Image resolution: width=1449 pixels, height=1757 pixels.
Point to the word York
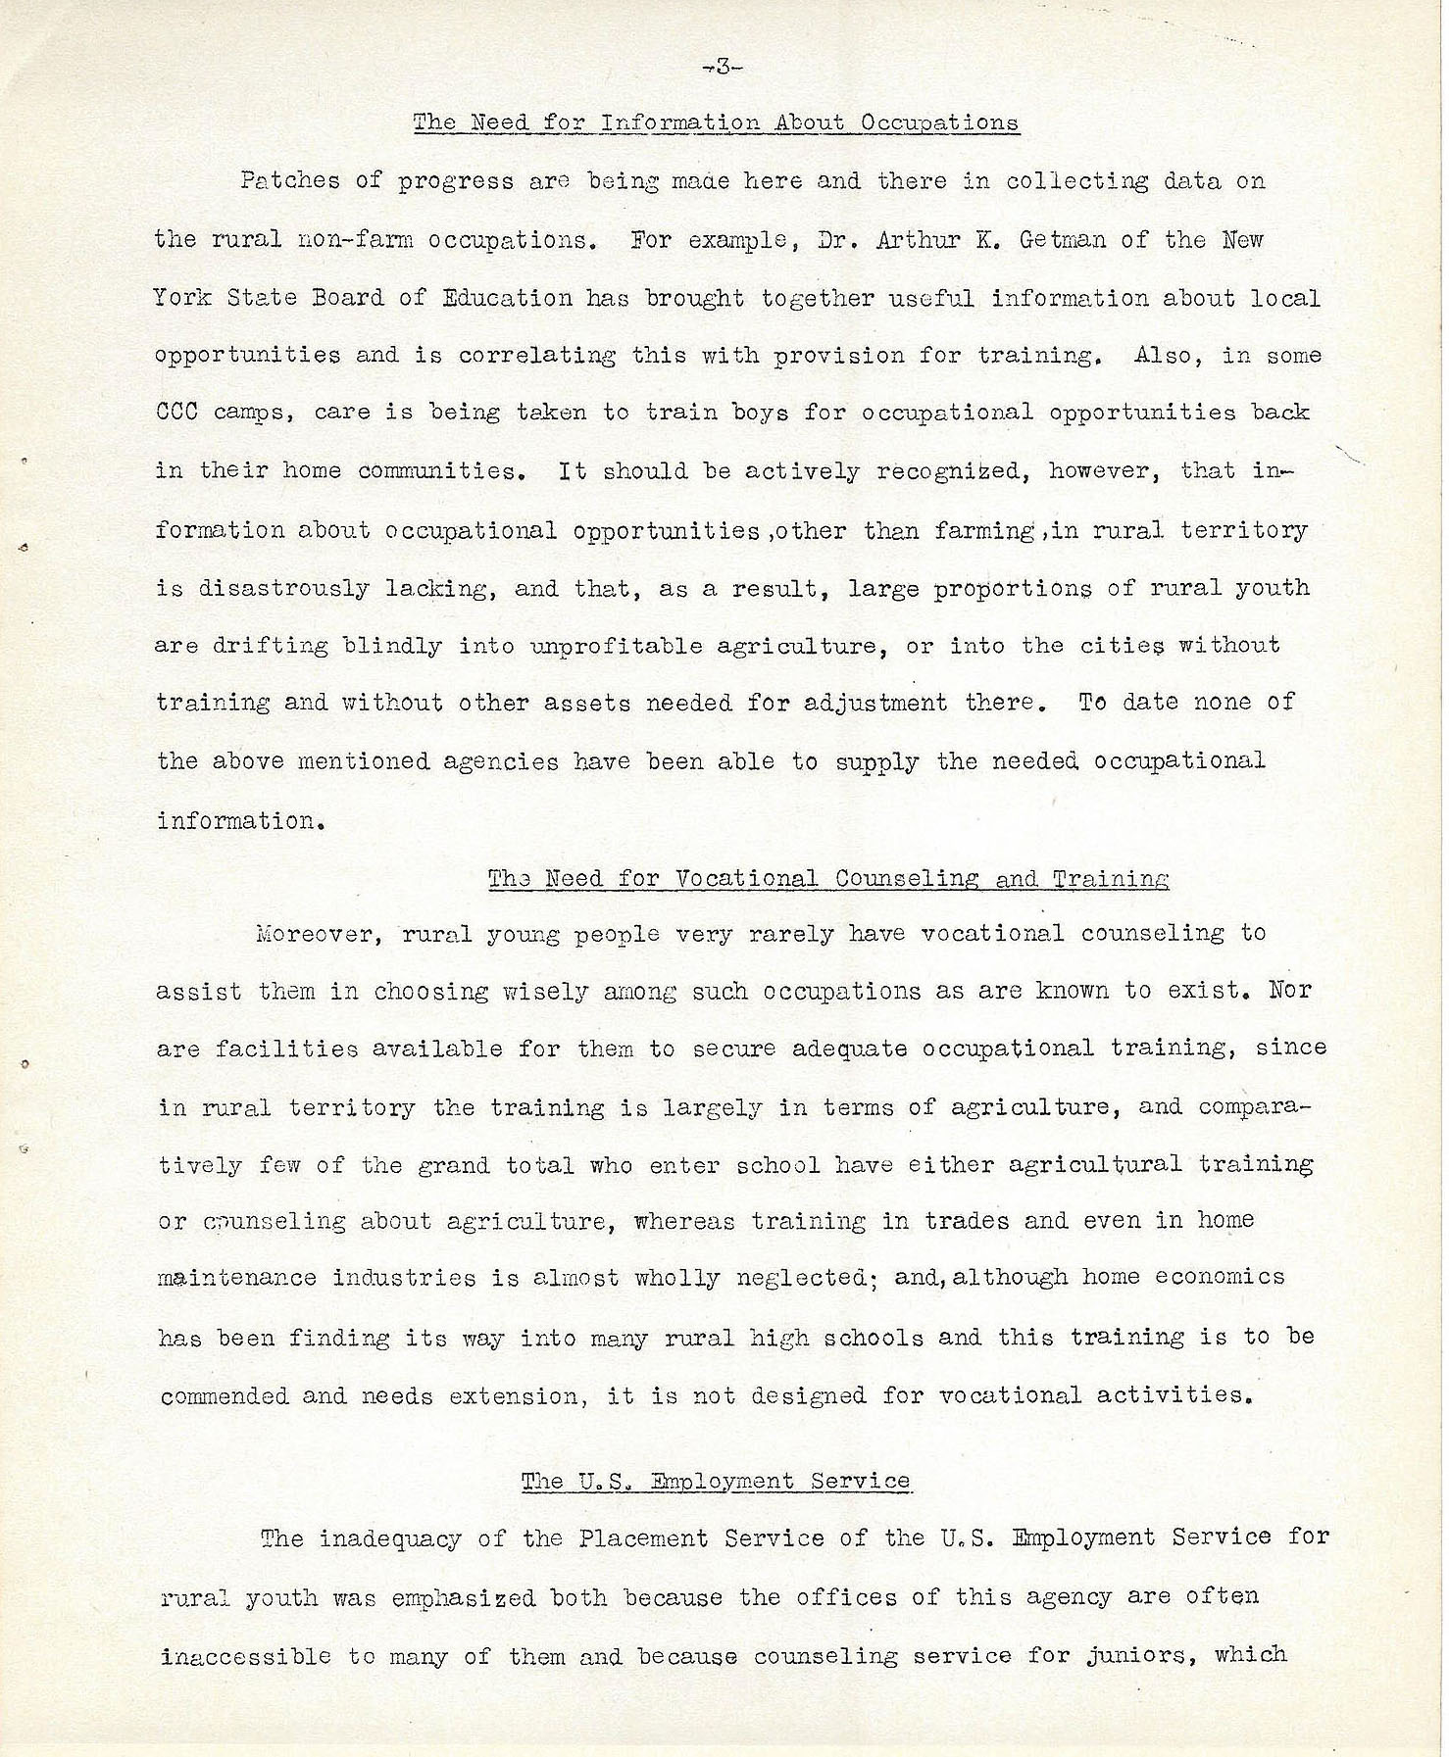[x=181, y=297]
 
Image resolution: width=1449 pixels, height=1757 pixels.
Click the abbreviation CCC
[x=176, y=413]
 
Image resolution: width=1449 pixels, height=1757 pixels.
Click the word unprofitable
[x=616, y=647]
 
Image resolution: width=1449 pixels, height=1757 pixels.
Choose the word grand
[x=453, y=1166]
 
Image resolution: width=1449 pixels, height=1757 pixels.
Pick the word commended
[x=224, y=1396]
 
